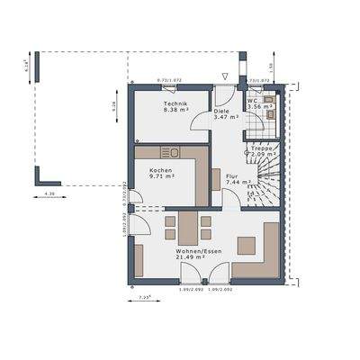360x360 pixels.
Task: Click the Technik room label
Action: [175, 104]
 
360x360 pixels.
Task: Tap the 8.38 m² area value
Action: [175, 111]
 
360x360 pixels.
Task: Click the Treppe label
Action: [262, 148]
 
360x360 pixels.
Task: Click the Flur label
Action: [231, 175]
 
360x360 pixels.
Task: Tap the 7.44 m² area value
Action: [236, 182]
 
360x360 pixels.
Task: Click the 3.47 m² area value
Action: [225, 117]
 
